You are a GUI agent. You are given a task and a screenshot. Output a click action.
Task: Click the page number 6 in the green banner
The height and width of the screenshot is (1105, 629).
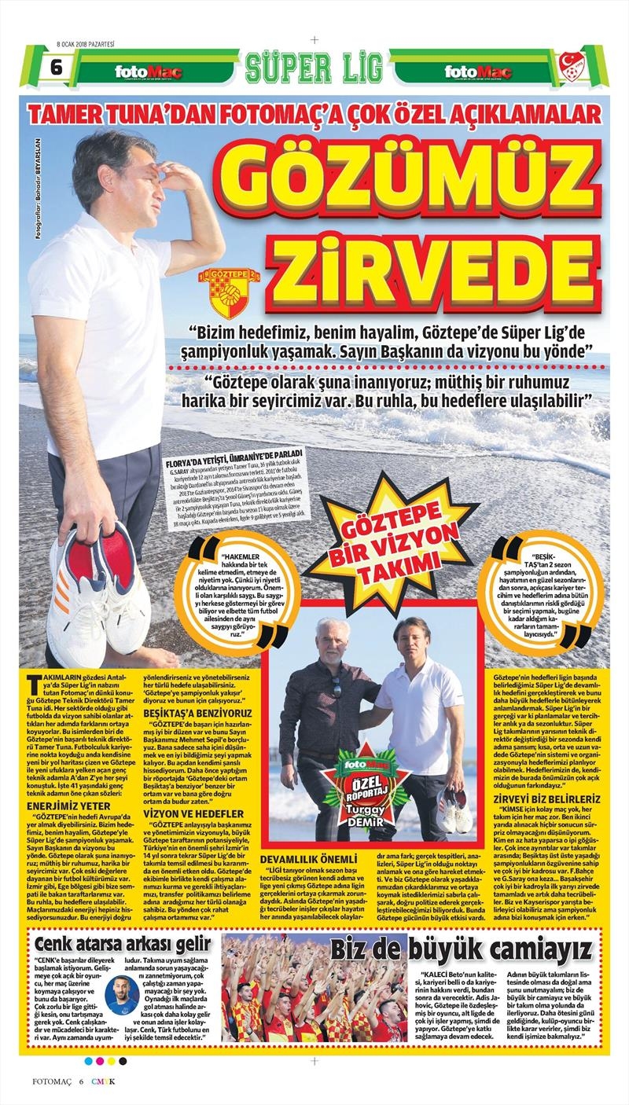(x=56, y=67)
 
